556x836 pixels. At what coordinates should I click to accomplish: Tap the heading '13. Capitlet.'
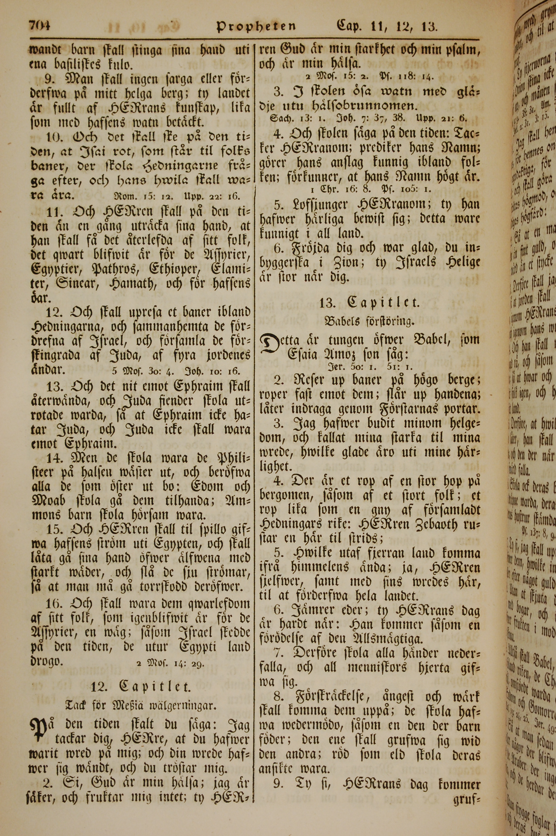click(370, 303)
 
